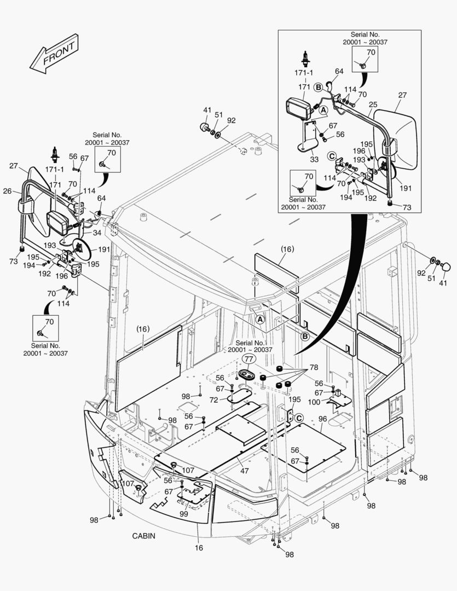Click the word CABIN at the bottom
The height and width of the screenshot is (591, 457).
pos(143,536)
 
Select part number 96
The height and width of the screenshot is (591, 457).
pos(322,420)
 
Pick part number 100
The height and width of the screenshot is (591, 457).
pos(314,402)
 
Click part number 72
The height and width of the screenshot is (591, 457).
pos(213,401)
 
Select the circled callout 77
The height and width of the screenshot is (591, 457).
pos(249,360)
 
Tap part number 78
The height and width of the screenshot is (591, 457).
pos(314,367)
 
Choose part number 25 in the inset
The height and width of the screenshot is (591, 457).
pos(373,104)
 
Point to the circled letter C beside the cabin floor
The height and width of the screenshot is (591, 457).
pos(299,418)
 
